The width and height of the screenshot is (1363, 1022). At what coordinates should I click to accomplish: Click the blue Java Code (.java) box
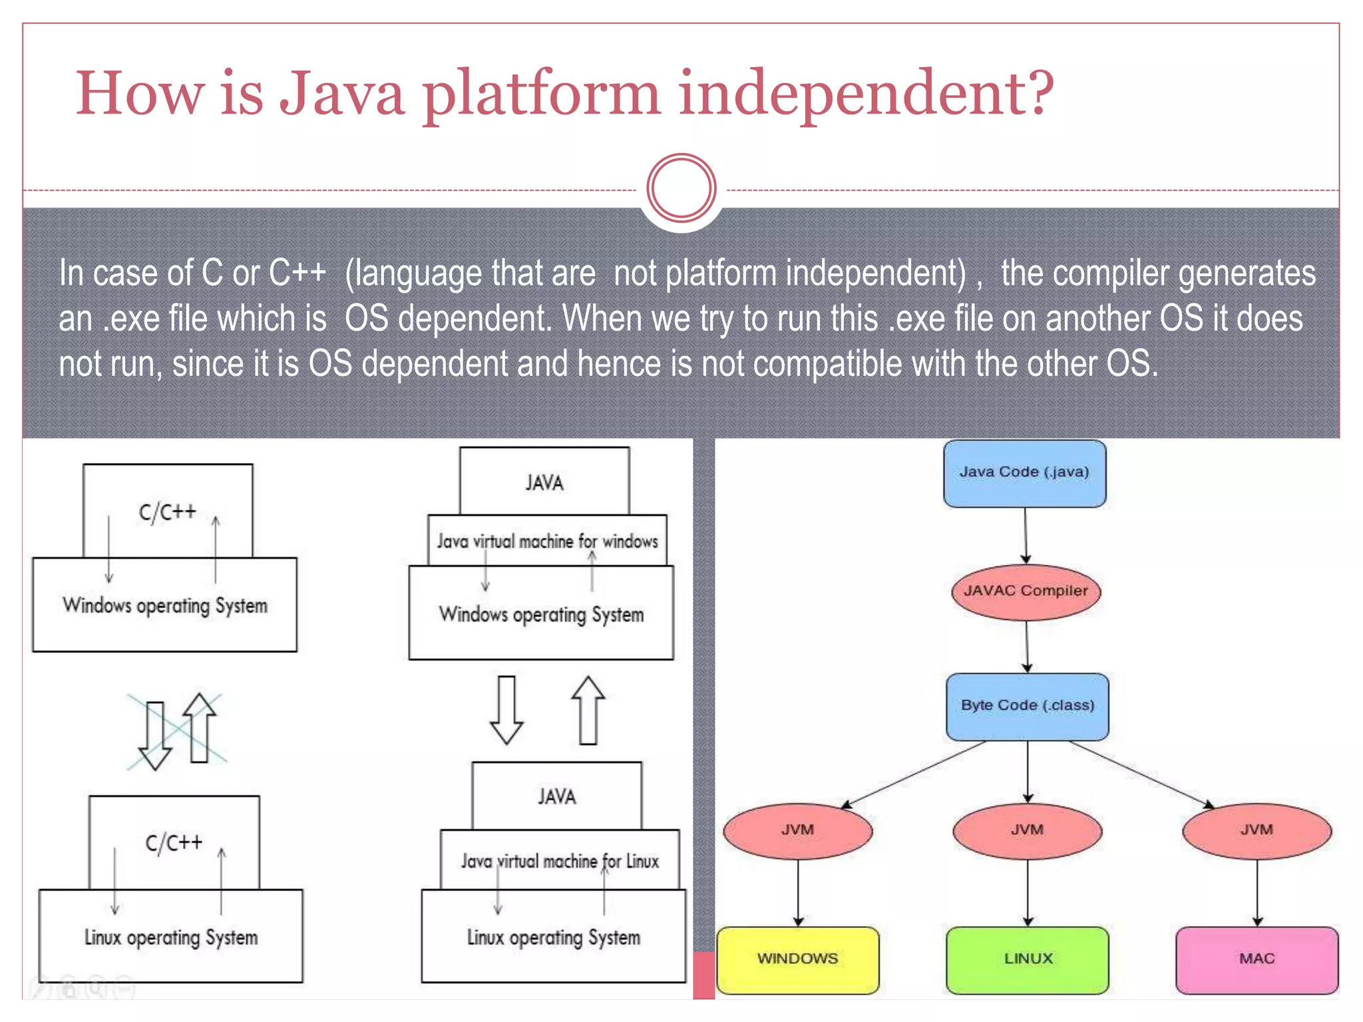click(1024, 473)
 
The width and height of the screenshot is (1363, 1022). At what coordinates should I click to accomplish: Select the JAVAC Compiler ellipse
click(1026, 592)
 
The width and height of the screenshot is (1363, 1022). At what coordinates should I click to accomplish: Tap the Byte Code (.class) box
click(1027, 706)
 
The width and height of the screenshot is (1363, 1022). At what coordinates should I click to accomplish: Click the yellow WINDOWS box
click(797, 959)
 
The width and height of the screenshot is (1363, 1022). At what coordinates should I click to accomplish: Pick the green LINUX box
click(1028, 959)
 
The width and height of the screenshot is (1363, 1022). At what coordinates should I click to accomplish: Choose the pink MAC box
click(1257, 959)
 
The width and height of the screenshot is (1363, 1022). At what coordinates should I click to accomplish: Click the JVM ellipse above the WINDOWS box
click(797, 830)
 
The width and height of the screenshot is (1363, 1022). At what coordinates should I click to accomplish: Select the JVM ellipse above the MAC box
click(1257, 830)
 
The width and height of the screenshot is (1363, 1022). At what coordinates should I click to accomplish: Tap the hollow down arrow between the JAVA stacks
click(506, 711)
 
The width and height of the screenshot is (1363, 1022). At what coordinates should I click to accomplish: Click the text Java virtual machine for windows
click(547, 541)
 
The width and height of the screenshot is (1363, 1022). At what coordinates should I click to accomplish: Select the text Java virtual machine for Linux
click(560, 862)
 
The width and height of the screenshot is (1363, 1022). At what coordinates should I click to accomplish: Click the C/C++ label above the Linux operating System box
click(174, 843)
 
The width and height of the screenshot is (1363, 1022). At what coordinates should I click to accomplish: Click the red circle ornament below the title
click(681, 188)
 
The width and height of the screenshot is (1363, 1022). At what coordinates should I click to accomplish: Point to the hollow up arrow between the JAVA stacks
click(588, 711)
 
